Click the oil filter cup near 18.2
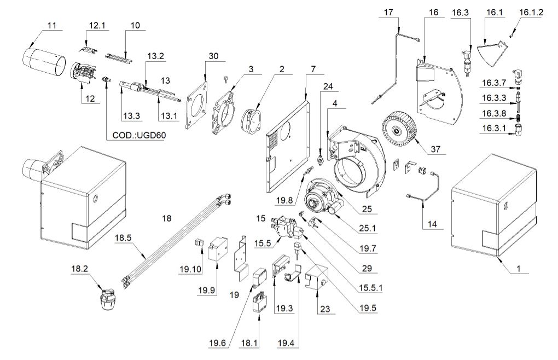(109, 296)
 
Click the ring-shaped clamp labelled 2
(253, 120)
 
